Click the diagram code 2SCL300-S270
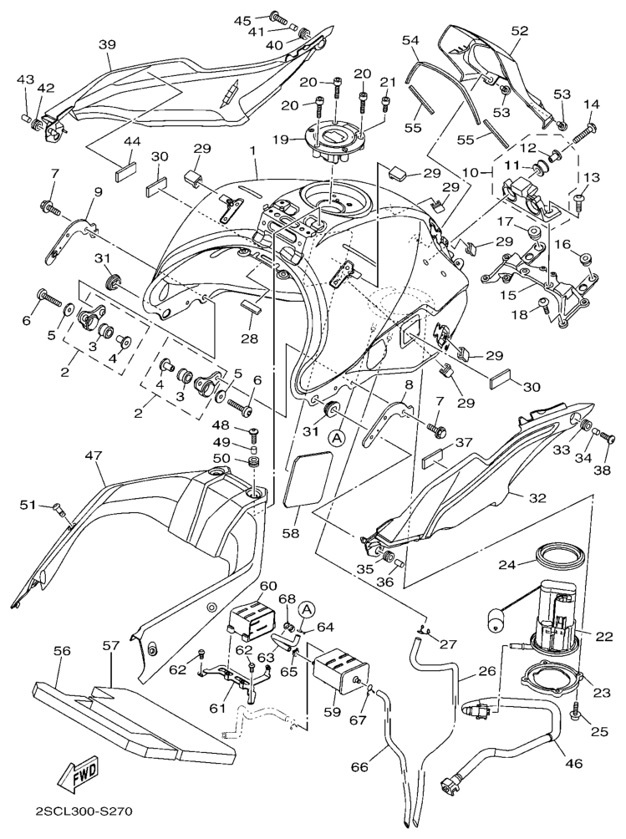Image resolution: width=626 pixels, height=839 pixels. point(84,811)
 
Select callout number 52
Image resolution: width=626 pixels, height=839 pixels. point(520,31)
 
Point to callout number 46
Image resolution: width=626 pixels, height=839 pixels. point(574,762)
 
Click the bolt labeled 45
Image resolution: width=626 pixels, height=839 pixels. point(276,17)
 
